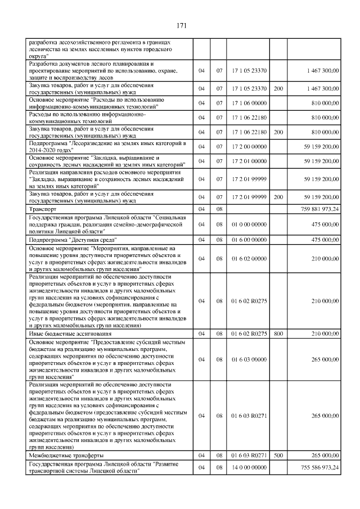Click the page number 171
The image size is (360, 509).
coord(181,25)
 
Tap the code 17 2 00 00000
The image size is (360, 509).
coord(249,147)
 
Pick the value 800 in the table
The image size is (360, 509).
coord(278,333)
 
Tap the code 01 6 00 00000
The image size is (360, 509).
coord(249,240)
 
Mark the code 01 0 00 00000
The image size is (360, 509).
coord(249,224)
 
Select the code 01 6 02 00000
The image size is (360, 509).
coord(249,258)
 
